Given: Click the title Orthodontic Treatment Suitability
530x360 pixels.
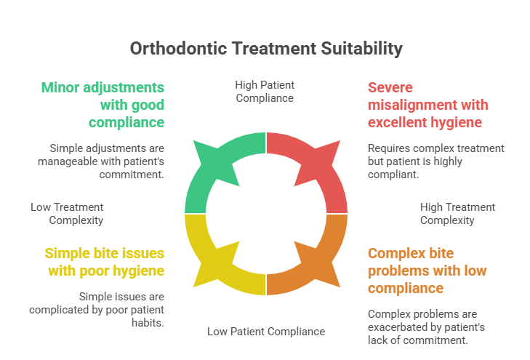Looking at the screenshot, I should (x=265, y=49).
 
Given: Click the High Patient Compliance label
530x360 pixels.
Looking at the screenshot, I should (x=265, y=91).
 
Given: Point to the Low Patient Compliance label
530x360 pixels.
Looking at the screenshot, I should (x=265, y=332).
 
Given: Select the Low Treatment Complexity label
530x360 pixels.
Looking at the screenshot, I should (x=67, y=214).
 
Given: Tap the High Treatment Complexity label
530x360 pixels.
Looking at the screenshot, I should (x=457, y=214).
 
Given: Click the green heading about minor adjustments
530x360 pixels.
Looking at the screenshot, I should (x=102, y=104).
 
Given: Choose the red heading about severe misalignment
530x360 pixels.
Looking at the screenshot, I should (x=425, y=104).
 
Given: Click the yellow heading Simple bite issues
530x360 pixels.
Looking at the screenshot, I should (x=104, y=262).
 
